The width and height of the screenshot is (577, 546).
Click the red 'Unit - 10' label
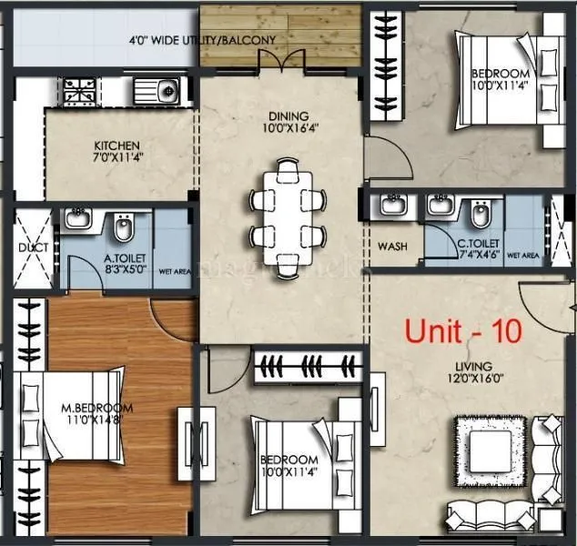[x=463, y=331]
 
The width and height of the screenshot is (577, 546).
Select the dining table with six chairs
[x=288, y=210]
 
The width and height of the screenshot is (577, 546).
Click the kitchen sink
[x=158, y=91]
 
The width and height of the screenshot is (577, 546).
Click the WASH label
[x=393, y=247]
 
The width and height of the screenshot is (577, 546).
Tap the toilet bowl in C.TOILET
[x=480, y=215]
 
